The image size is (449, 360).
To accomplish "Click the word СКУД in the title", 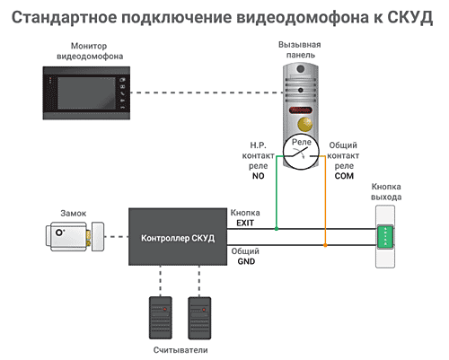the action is (x=409, y=17).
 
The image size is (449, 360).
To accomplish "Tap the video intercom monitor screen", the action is (x=86, y=93).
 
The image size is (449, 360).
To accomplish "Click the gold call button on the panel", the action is (x=304, y=124).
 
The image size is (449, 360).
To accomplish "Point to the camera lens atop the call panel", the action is (x=301, y=69).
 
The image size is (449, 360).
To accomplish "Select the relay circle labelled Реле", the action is (x=301, y=153).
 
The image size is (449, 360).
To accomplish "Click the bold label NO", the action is (x=258, y=176).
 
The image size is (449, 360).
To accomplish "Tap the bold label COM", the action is (x=344, y=176).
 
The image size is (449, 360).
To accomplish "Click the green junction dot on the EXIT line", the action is (x=277, y=229).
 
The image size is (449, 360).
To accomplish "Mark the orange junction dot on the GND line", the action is (x=325, y=245).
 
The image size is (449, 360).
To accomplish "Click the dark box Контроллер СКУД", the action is (x=178, y=237).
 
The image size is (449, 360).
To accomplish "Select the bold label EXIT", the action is (x=245, y=224).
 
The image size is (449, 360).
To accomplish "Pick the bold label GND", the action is (x=246, y=261).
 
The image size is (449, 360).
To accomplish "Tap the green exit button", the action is (x=385, y=237).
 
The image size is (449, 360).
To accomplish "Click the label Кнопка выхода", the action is (x=386, y=192).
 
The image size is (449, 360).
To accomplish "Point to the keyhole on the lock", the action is (x=59, y=233).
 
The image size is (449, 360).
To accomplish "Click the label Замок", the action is (x=74, y=214).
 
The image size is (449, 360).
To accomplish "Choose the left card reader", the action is (x=161, y=318).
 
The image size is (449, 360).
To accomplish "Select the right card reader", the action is (x=199, y=318).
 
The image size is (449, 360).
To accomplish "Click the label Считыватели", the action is (x=180, y=350).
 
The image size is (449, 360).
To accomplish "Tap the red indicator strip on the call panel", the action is (x=301, y=110).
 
